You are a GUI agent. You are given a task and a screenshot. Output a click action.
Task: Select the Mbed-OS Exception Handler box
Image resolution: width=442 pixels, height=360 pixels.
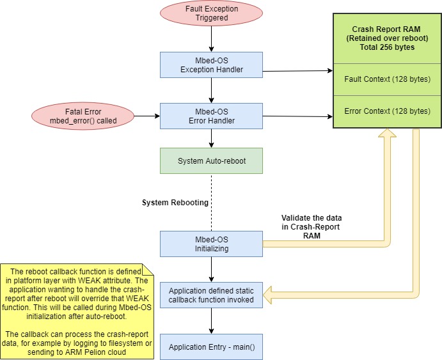click(x=210, y=65)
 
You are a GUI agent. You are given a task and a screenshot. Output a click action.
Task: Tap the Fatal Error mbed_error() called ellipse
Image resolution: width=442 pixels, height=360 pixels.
click(x=83, y=116)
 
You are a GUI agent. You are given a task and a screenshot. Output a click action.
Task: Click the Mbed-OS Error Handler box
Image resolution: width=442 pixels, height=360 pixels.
click(x=210, y=116)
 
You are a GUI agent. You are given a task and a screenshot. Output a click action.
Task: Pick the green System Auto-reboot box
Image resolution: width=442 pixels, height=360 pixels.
click(x=210, y=160)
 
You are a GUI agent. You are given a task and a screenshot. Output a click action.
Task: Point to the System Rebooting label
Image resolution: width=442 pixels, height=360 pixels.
click(x=175, y=203)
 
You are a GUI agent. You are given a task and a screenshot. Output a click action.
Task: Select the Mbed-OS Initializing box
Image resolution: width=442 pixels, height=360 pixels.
click(x=210, y=244)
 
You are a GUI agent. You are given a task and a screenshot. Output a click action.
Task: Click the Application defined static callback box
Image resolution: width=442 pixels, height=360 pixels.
click(x=210, y=295)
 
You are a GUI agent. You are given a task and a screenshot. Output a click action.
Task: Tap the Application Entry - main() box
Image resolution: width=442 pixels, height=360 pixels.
click(x=210, y=347)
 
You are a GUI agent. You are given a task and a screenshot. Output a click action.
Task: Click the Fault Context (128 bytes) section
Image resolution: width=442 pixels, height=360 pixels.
click(x=387, y=79)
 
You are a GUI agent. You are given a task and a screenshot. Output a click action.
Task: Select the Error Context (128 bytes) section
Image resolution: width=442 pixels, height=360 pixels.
click(x=387, y=111)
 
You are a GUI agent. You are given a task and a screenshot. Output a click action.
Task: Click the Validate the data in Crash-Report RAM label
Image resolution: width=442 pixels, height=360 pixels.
click(x=312, y=226)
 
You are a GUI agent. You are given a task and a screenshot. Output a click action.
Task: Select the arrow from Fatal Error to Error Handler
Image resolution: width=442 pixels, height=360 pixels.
click(x=146, y=116)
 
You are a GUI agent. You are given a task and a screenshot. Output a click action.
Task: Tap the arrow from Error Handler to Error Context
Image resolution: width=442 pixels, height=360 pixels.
click(x=297, y=116)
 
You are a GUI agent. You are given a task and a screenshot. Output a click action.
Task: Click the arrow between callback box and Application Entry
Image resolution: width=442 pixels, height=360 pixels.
click(x=210, y=320)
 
